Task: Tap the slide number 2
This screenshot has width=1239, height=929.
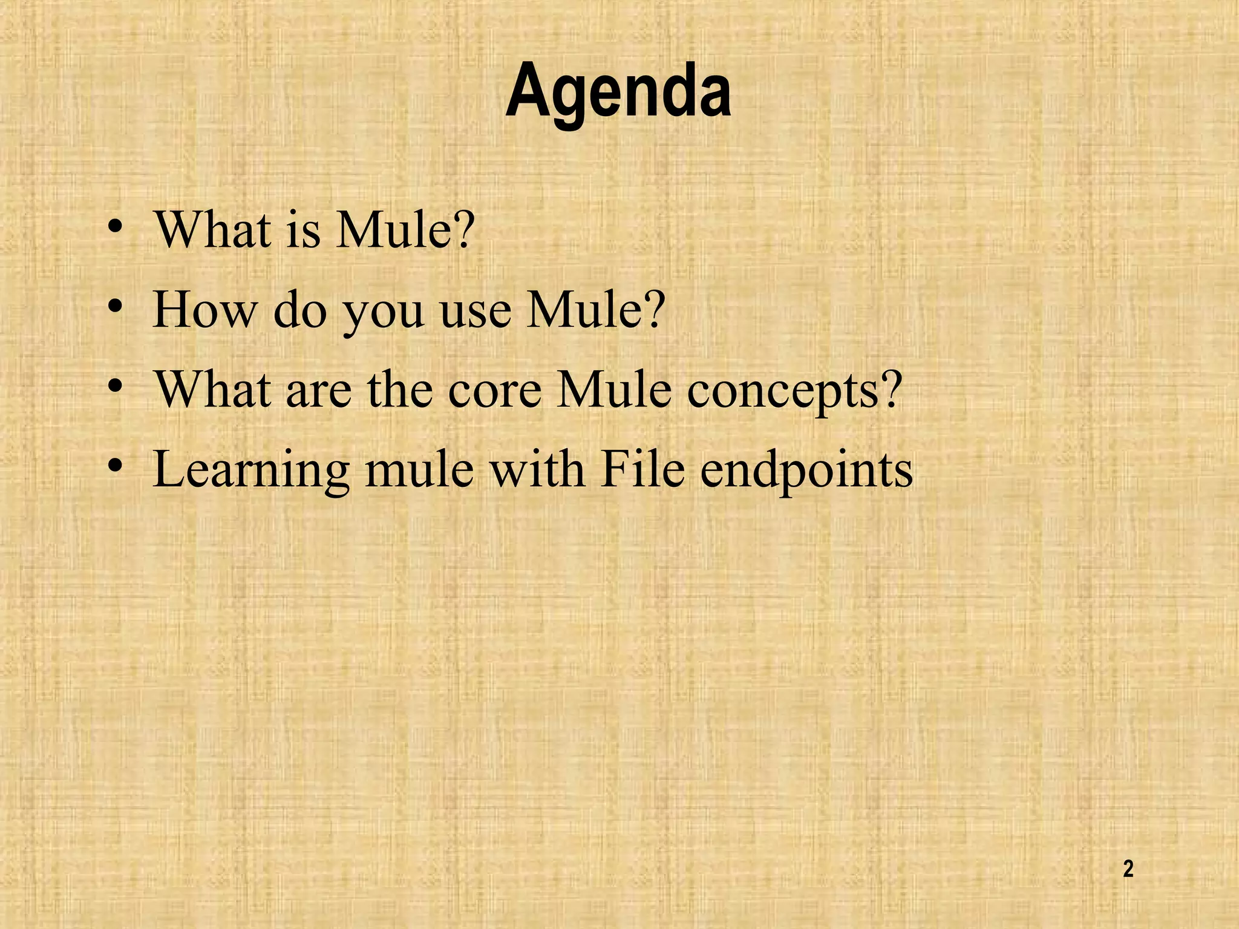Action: [1128, 869]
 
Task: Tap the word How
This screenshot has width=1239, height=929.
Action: [204, 310]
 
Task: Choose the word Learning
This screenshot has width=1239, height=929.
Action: [251, 471]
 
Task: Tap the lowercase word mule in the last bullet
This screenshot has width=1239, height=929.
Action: [419, 469]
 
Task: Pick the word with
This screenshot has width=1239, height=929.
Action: [537, 469]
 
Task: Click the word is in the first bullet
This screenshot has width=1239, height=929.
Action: [302, 231]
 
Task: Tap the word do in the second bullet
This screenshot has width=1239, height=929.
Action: [300, 310]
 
